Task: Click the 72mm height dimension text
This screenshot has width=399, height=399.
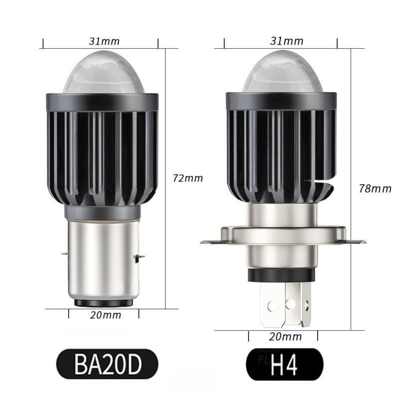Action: [188, 178]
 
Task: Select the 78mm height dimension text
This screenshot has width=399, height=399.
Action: [375, 188]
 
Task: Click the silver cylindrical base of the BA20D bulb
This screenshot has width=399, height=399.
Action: [102, 259]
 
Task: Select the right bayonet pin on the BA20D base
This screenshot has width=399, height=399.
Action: [139, 257]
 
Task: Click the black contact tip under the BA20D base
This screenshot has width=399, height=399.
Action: [102, 303]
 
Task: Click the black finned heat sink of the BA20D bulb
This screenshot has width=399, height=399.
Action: [102, 155]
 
